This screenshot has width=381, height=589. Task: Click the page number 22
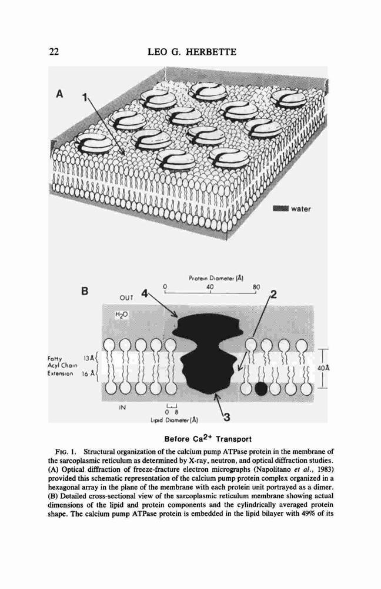54,51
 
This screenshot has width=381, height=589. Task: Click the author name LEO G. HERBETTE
192,52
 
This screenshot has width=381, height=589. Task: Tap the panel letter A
59,95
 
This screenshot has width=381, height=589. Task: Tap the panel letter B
85,291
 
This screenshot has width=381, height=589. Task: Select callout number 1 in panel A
85,98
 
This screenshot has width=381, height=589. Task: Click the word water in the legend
301,209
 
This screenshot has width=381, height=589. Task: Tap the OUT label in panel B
126,298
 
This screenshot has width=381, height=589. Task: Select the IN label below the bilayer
122,406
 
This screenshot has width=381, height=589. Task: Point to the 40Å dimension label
323,369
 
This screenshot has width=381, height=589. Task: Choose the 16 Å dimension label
88,375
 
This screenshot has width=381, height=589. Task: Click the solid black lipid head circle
262,389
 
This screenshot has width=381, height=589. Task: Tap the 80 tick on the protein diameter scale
256,287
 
